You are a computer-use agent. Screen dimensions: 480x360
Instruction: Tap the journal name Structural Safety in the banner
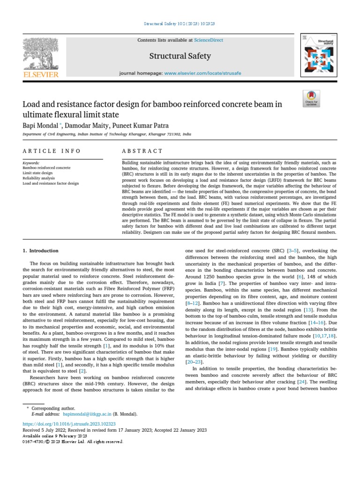180,56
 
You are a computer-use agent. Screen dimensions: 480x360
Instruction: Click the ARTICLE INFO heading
52,151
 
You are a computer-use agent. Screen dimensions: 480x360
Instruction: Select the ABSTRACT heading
142,151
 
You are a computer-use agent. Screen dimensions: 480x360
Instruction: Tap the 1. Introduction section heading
41,251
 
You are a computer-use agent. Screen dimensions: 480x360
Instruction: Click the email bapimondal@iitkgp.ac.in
87,414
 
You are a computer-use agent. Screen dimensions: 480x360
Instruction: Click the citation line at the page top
180,23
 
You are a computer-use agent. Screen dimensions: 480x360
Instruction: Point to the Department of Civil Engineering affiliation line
107,134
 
